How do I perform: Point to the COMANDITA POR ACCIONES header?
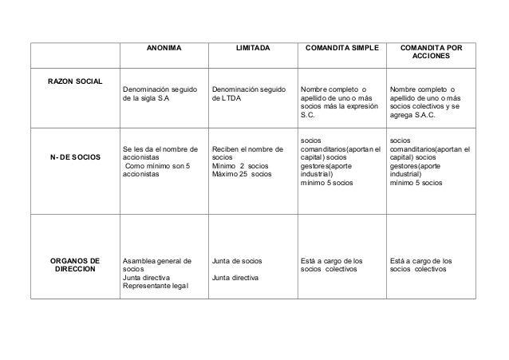(x=431, y=54)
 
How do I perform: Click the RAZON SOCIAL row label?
(x=73, y=80)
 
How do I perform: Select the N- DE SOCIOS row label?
(x=73, y=158)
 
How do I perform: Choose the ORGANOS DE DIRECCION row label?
(x=73, y=265)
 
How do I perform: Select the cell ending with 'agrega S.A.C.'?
(x=427, y=101)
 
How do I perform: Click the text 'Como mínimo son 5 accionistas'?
(x=156, y=168)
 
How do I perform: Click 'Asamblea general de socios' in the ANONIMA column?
(x=157, y=265)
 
